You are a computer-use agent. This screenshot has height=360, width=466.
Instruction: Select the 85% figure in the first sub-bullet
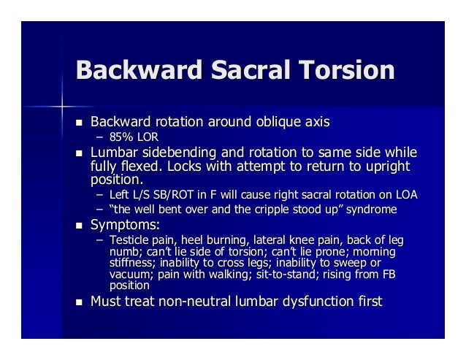[121, 137]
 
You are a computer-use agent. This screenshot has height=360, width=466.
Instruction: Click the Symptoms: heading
[122, 225]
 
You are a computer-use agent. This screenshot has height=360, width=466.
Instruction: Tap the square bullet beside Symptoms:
[80, 225]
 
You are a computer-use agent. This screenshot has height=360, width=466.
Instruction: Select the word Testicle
[129, 240]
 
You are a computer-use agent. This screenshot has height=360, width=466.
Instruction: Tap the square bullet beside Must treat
[80, 301]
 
